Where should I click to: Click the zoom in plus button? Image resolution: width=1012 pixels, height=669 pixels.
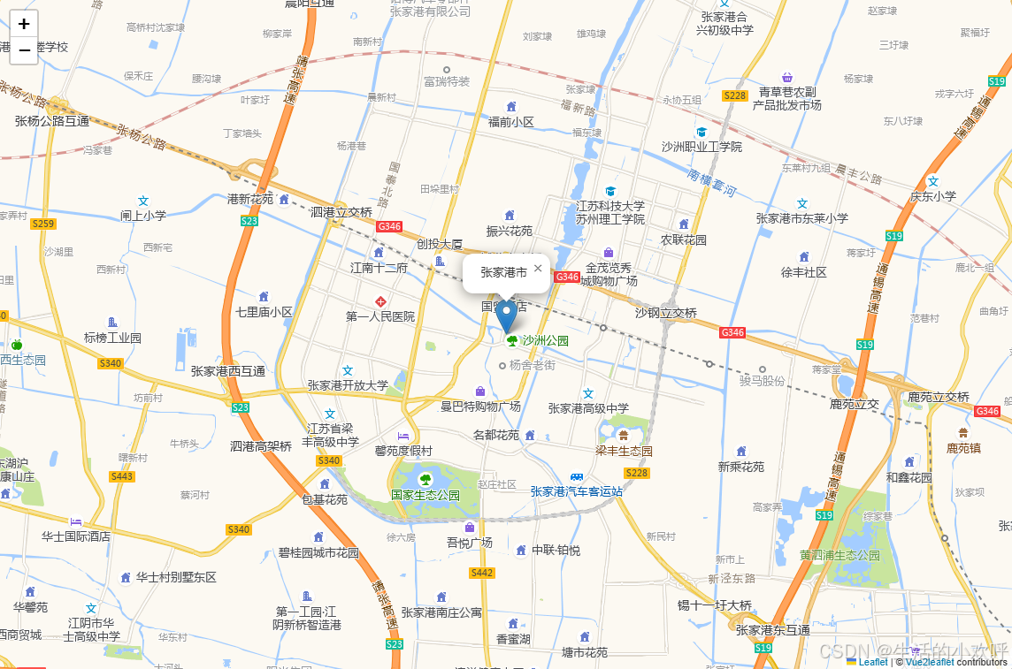point(24,24)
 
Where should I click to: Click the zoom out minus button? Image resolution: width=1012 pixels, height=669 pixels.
point(24,51)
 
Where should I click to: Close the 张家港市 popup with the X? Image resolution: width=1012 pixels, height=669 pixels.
point(538,269)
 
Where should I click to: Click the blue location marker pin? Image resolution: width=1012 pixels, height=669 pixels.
point(507,315)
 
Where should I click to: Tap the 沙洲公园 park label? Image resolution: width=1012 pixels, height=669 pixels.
point(543,340)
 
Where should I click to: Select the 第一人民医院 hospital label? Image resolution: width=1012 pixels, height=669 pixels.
point(380,316)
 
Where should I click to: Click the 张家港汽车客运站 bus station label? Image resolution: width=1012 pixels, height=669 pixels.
point(577,491)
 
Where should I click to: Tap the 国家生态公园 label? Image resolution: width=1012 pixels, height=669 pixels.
point(425,495)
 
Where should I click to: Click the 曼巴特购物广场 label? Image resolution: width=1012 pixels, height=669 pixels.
point(480,407)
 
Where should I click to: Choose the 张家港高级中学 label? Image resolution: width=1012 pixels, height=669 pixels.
point(588,408)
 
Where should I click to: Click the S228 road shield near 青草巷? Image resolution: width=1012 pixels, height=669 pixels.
point(734,95)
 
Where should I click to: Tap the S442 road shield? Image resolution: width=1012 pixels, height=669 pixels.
point(481,573)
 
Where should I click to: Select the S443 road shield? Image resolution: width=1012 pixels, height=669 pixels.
point(122,476)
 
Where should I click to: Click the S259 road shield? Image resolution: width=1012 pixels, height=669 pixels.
point(42,224)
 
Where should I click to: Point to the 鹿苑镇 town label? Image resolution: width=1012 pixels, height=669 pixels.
point(963,448)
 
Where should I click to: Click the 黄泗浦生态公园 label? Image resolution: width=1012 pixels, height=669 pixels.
point(839,555)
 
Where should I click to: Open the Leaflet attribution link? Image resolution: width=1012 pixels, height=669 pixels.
point(872,662)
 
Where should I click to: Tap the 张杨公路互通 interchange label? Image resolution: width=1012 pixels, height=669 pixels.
point(52,121)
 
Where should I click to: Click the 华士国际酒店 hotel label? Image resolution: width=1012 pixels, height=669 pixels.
point(76,536)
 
